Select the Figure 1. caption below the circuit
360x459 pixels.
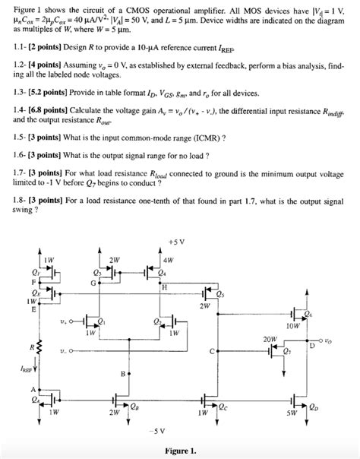point(180,450)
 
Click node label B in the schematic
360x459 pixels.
point(122,374)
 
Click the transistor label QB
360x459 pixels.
point(134,405)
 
